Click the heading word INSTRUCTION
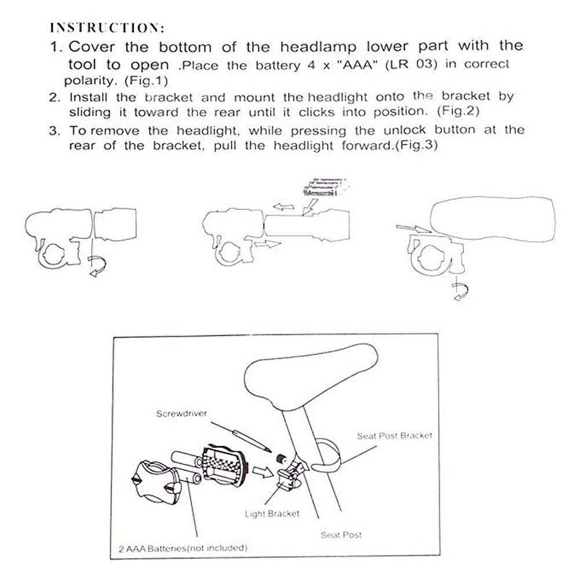click(x=108, y=27)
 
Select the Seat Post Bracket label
click(x=394, y=435)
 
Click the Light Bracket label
click(x=272, y=514)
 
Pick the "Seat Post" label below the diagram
click(x=341, y=535)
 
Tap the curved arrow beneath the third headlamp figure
click(x=461, y=292)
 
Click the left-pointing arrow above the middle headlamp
click(x=284, y=206)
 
